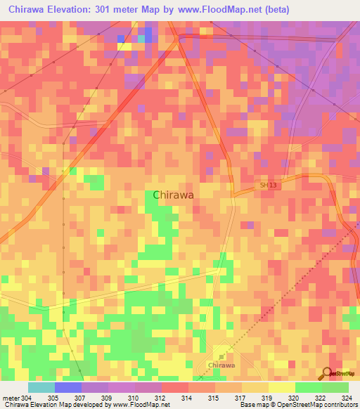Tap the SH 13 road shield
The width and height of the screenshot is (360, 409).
pyautogui.click(x=264, y=185)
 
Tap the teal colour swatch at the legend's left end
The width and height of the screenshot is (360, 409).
pyautogui.click(x=41, y=387)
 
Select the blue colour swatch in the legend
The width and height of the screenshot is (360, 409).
pyautogui.click(x=68, y=387)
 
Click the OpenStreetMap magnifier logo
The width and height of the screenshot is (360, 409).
pyautogui.click(x=325, y=374)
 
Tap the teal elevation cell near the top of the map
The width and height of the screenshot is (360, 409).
pyautogui.click(x=141, y=39)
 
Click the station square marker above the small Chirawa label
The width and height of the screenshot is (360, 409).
pyautogui.click(x=221, y=357)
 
